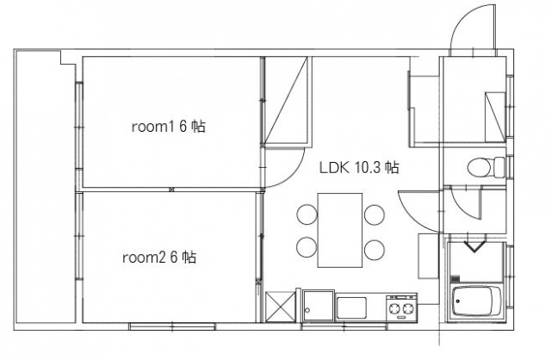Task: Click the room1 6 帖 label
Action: [x=169, y=127]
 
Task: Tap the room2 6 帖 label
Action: [x=159, y=258]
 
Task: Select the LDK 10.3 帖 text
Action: [x=359, y=167]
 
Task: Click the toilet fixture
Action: [x=486, y=167]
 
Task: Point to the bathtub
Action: [x=477, y=301]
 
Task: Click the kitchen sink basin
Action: [x=351, y=307]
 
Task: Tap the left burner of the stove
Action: [x=393, y=308]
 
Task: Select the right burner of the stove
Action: [x=408, y=308]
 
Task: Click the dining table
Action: [x=340, y=230]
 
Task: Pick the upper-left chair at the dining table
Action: [x=306, y=214]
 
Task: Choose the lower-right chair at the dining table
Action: [x=375, y=250]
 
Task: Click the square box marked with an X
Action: [x=281, y=307]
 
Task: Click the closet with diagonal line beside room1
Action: [x=287, y=100]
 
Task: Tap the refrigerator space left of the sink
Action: [x=319, y=305]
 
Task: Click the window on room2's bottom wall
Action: [x=172, y=326]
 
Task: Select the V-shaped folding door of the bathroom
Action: [x=475, y=246]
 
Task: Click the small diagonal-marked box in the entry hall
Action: [x=496, y=117]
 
